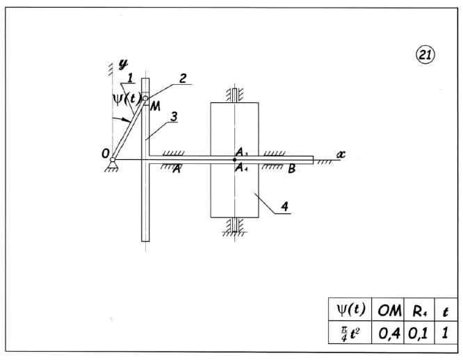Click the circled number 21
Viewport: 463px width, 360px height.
(425, 55)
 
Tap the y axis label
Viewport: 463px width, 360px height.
(124, 64)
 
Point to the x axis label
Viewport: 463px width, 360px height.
(341, 154)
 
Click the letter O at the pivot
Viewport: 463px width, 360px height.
(106, 154)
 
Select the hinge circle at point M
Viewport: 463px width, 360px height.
(145, 99)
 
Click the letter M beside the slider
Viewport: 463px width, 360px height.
(155, 106)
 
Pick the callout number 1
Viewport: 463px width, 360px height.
(129, 78)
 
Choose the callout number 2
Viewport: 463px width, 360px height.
(183, 79)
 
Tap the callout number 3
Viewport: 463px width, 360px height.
(174, 117)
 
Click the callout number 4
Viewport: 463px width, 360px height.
(284, 206)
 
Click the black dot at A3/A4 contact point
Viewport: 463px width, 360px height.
(234, 160)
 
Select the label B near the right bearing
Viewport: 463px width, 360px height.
(292, 169)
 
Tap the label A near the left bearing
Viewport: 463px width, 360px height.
(177, 169)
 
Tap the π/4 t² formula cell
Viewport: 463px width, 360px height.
(350, 332)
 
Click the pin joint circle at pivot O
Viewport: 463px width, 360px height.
(113, 160)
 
